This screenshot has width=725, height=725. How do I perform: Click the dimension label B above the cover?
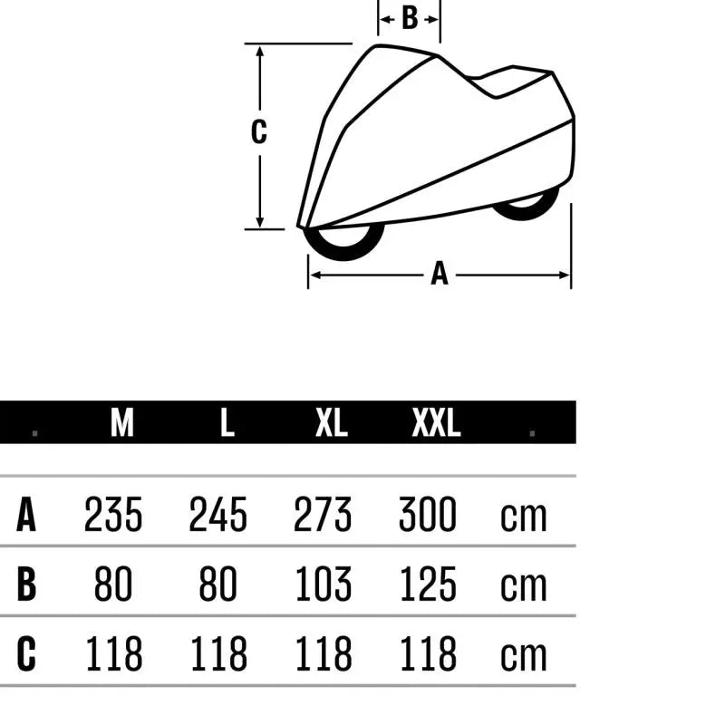[410, 18]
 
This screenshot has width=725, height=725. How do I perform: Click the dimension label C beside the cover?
[259, 131]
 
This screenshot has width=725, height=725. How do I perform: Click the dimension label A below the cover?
[440, 274]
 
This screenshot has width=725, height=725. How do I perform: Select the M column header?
[122, 422]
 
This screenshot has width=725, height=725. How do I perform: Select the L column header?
[227, 422]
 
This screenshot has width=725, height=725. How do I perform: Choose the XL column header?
[332, 422]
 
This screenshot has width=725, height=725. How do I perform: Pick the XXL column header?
[436, 422]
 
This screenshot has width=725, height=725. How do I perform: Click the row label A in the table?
[26, 514]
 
